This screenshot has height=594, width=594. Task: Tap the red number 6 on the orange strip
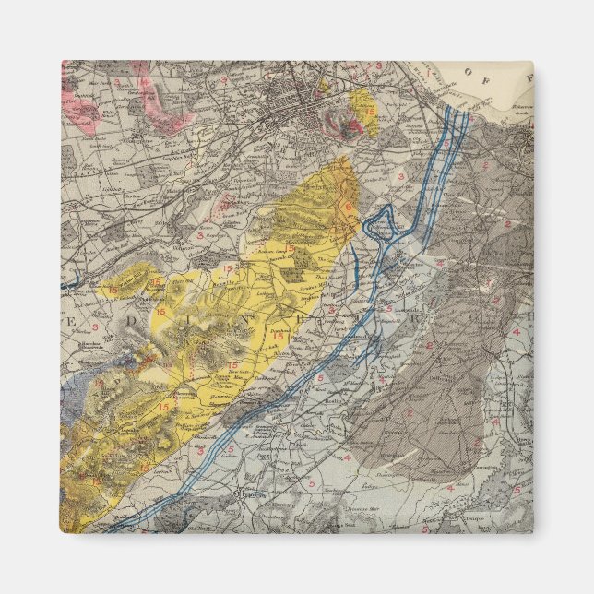point(349,207)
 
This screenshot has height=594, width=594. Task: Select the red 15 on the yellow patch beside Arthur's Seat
point(370,111)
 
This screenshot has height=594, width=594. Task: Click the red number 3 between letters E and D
point(95,327)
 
